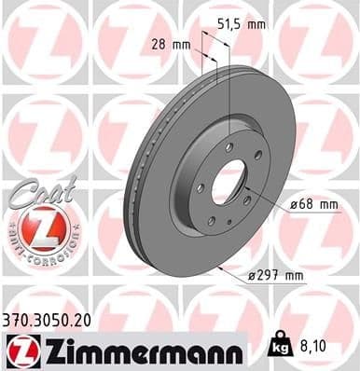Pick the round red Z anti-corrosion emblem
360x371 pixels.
35,227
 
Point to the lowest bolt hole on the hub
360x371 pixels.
212,220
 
